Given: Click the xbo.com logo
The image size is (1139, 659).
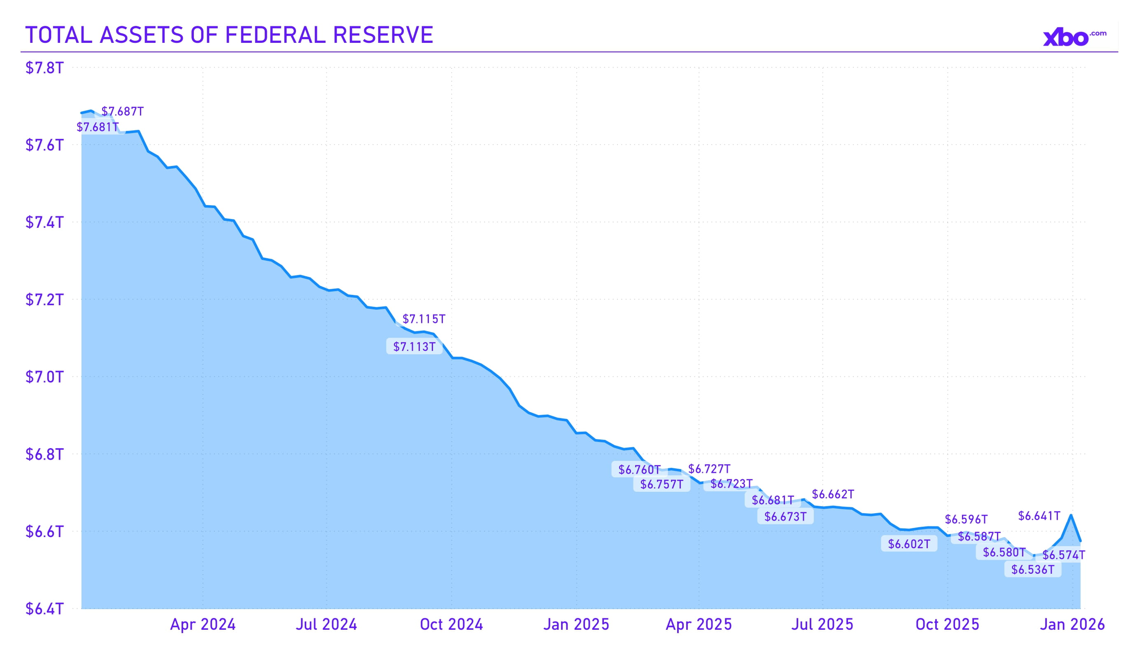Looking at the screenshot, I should tap(1074, 37).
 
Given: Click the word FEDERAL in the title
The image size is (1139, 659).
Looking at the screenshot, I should tap(275, 35).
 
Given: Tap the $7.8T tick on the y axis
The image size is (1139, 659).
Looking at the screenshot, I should tap(44, 68).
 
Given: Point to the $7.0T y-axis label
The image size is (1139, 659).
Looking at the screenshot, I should tap(44, 377).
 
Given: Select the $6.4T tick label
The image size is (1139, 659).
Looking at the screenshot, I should tap(44, 609).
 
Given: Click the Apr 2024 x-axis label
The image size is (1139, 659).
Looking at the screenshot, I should tap(203, 625).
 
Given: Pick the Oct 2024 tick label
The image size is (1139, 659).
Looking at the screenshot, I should tap(451, 625).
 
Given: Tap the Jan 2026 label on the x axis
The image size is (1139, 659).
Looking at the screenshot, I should tap(1072, 625).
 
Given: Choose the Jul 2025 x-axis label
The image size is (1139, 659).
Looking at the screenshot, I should tap(822, 625).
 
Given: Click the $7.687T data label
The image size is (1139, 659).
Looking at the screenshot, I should tap(123, 111).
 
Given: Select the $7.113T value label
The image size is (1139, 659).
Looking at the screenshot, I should tap(414, 347).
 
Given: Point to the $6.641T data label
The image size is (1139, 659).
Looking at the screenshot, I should tap(1039, 516).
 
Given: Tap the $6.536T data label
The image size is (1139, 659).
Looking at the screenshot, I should tap(1032, 570).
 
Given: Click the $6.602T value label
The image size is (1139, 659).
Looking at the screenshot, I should tap(909, 544).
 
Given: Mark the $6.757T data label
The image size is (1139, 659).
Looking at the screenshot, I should tap(661, 484).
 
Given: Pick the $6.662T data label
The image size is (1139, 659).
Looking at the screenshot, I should tap(833, 494).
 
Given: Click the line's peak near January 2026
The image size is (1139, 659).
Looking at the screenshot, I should tap(1071, 515).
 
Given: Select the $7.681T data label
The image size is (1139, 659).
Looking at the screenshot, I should tap(98, 127).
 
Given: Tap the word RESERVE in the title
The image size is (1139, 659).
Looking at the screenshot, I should tap(383, 35).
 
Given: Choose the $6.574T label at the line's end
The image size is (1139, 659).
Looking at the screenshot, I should tap(1064, 555).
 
